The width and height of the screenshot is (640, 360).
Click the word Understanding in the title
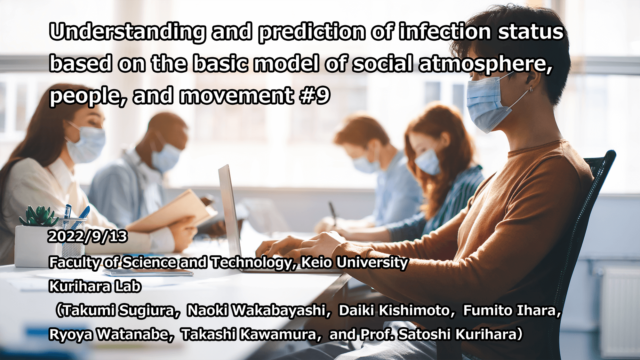click(128, 32)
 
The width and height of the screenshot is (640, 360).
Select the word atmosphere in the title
click(485, 64)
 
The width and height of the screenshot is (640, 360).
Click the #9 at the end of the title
click(315, 95)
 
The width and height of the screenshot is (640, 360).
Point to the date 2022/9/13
click(87, 236)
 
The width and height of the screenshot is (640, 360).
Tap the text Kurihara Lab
click(95, 286)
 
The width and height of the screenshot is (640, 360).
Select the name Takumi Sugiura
click(119, 310)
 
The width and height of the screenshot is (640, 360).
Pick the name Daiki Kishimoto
click(394, 310)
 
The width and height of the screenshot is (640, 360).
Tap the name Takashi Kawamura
click(249, 334)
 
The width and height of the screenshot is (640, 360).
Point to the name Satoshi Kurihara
click(458, 334)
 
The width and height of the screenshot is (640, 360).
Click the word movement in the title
click(236, 95)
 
